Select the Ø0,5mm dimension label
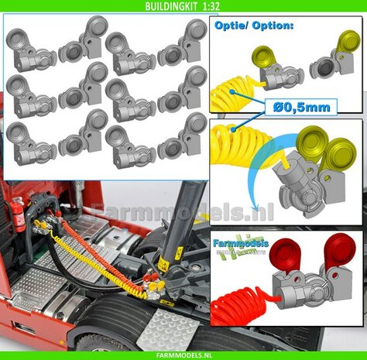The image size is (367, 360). point(300,105)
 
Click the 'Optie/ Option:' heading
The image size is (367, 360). point(245,25)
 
